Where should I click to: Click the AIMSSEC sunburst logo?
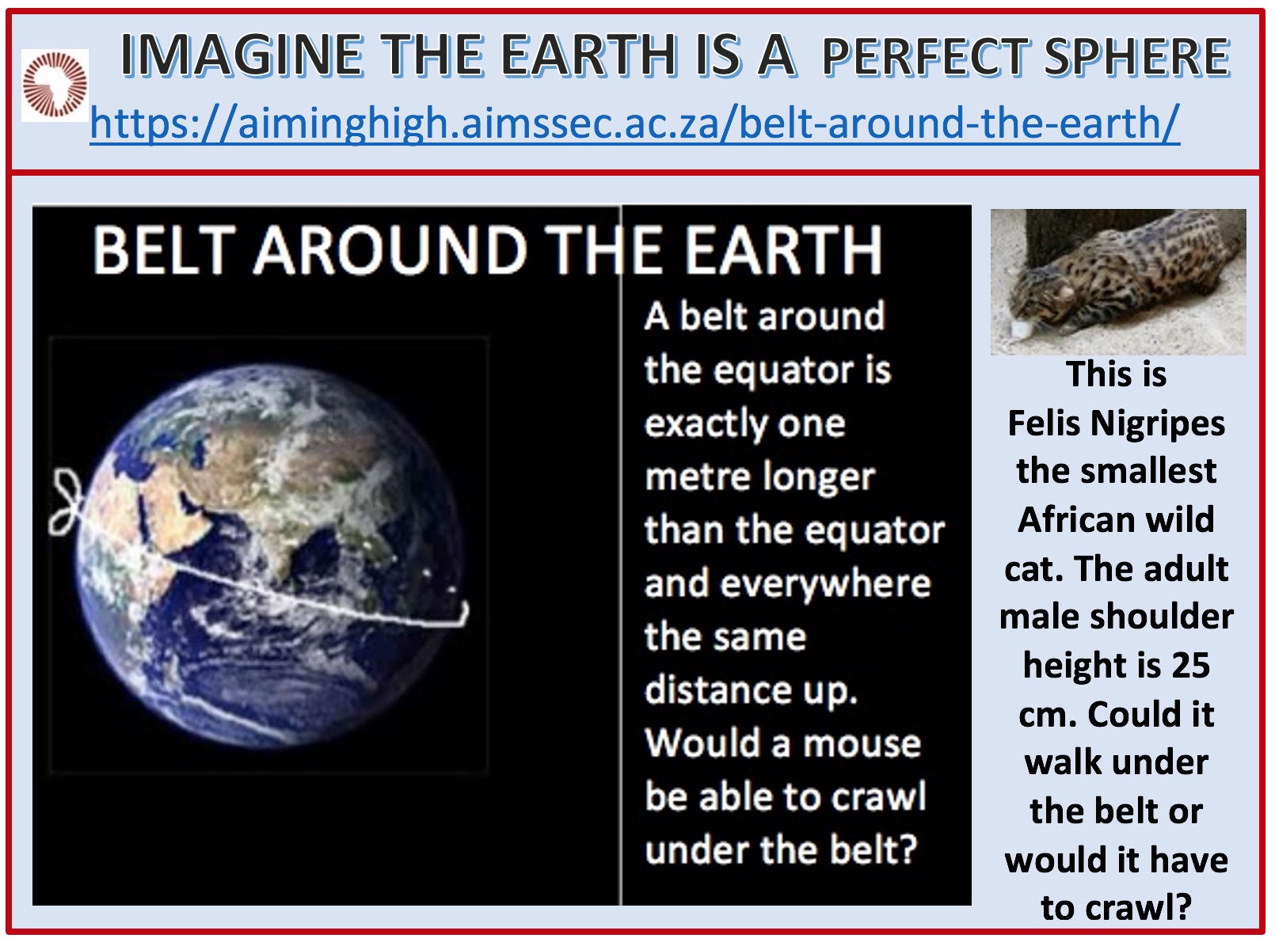point(55,85)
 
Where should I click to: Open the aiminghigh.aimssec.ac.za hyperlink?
point(634,123)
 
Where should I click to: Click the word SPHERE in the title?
point(1137,56)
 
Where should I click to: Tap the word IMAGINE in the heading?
point(242,55)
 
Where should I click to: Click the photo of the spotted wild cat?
point(1118,282)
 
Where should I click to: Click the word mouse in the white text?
point(862,744)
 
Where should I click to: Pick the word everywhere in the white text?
point(825,584)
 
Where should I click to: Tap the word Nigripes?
point(1158,425)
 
